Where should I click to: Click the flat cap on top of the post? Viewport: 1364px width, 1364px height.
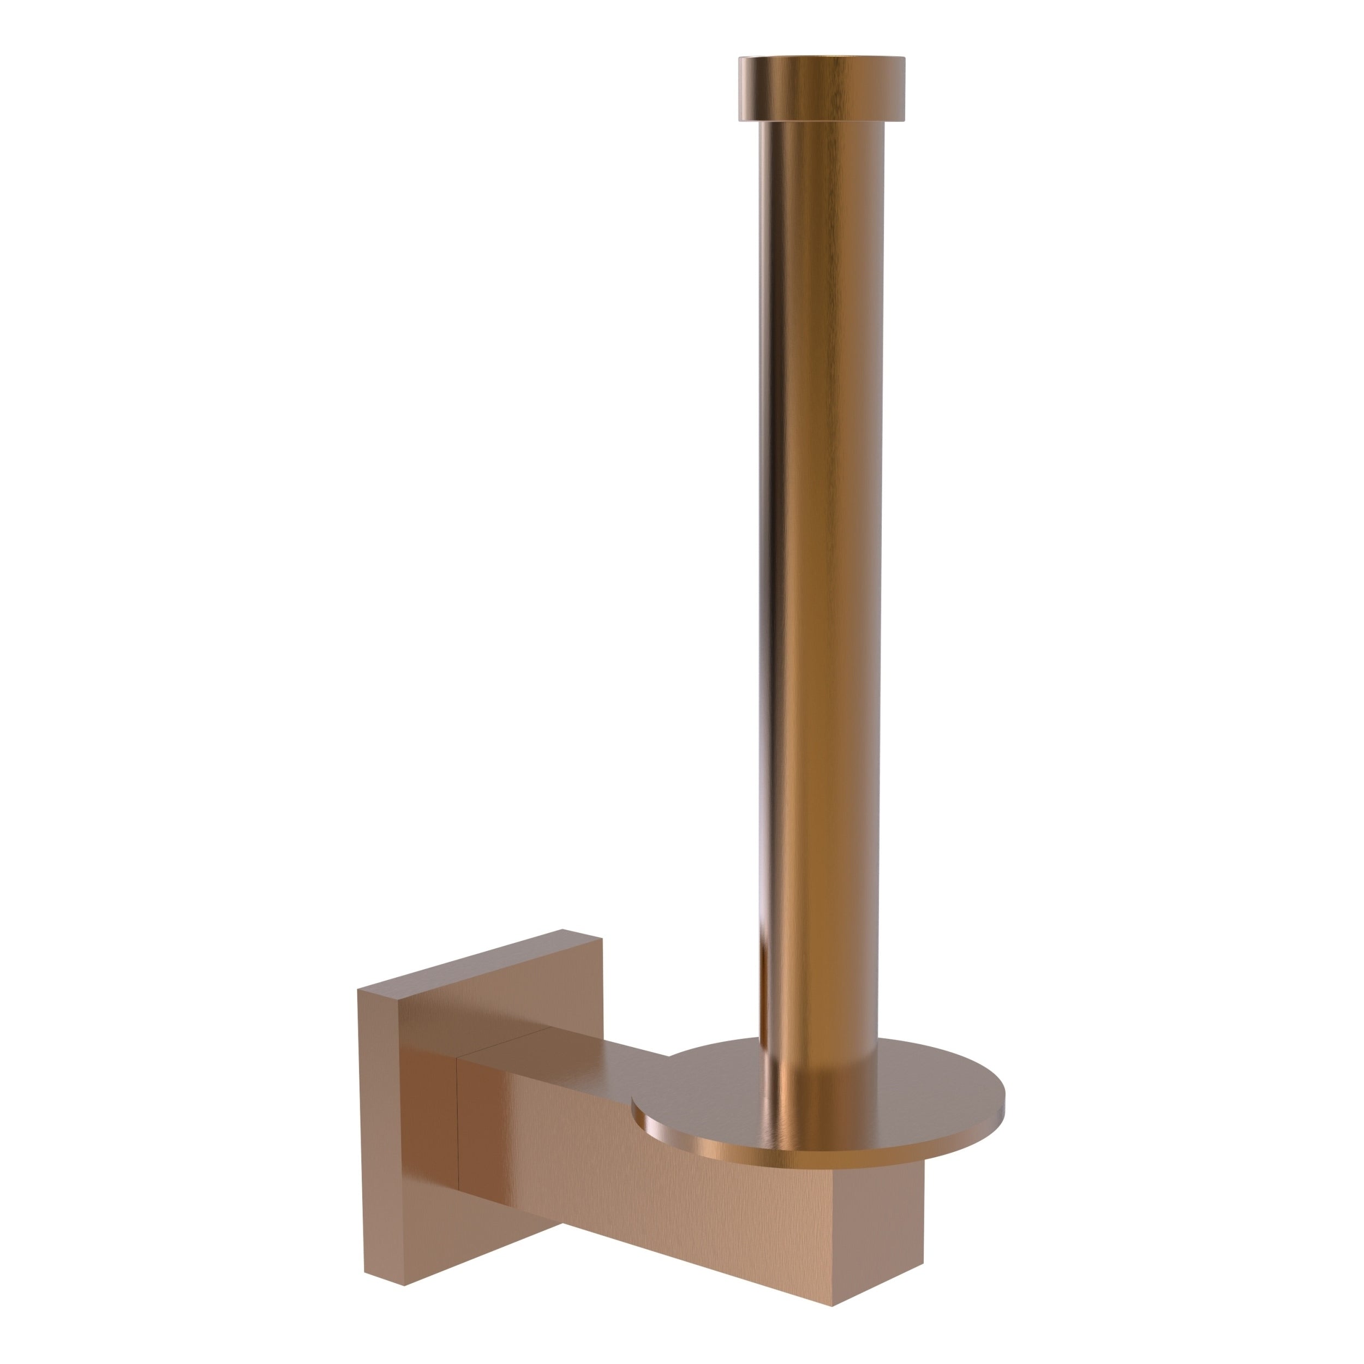pos(822,89)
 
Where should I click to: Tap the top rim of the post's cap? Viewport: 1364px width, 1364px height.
pos(822,57)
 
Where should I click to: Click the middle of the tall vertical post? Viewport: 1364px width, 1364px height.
pos(819,565)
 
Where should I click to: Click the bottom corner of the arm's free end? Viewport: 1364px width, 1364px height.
pos(833,1305)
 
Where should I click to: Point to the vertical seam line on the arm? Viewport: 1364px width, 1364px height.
pos(458,1122)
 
